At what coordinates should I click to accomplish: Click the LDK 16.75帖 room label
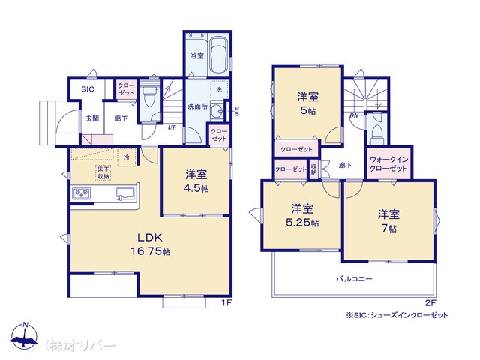tap(151, 244)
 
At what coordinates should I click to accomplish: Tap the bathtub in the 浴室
tap(219, 55)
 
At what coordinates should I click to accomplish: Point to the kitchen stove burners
tap(82, 193)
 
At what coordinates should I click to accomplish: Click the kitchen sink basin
tap(125, 194)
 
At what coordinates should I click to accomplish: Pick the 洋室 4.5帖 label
tap(196, 181)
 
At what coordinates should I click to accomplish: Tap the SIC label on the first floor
tap(88, 89)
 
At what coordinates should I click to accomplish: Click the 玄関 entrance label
tap(92, 118)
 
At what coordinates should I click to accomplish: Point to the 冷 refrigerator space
tap(127, 157)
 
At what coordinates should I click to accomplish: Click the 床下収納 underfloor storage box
tap(103, 172)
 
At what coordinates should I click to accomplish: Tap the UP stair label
tap(172, 127)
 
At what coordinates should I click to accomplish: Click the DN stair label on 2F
tap(354, 115)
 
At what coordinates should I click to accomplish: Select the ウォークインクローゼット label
tap(388, 164)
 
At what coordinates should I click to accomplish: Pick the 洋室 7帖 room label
tap(388, 221)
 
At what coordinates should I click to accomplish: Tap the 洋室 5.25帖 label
tap(302, 216)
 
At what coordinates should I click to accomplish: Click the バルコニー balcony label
tap(354, 279)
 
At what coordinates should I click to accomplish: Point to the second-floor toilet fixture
tap(377, 133)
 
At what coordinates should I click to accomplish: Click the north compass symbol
tap(25, 335)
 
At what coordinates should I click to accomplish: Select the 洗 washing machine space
tap(219, 89)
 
